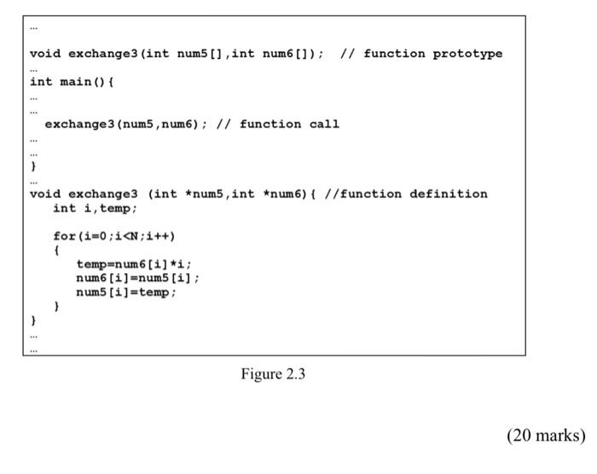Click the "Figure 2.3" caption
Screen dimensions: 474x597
tap(273, 374)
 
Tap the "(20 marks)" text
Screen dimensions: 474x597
tap(546, 436)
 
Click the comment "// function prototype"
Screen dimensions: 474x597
tap(421, 54)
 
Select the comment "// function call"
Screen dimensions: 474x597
tap(278, 124)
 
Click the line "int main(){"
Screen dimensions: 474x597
tap(72, 82)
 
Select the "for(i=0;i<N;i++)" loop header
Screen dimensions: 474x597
tap(113, 236)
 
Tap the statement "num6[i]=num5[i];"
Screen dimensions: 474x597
tap(137, 278)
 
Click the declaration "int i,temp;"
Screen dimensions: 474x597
tap(95, 208)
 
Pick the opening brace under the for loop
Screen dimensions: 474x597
tap(56, 250)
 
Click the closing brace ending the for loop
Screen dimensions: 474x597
tap(56, 306)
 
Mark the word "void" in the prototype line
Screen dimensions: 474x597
tap(45, 54)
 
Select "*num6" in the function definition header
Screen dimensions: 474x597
tap(275, 194)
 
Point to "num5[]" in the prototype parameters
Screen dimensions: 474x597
tap(200, 54)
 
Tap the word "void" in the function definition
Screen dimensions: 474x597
tap(45, 194)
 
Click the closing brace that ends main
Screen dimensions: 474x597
tap(33, 166)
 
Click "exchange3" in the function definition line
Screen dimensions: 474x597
tap(102, 194)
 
